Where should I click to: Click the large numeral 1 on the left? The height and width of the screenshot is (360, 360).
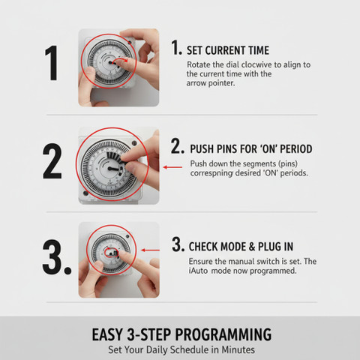click(x=52, y=63)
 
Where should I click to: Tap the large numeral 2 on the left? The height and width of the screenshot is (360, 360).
click(x=52, y=161)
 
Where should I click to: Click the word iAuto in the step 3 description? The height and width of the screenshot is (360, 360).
click(x=198, y=271)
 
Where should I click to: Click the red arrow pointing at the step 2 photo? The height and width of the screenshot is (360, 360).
click(x=172, y=167)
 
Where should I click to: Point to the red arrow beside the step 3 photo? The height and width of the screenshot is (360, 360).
click(x=150, y=250)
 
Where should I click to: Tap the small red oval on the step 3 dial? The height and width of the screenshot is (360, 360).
click(x=111, y=253)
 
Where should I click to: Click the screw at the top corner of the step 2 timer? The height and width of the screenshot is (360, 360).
click(x=134, y=143)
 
